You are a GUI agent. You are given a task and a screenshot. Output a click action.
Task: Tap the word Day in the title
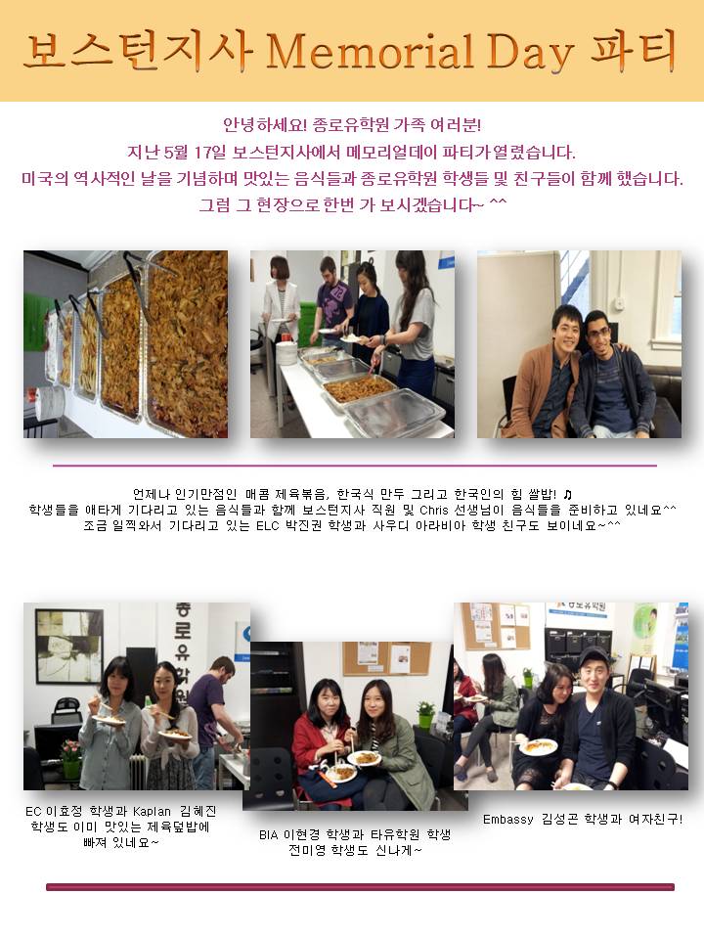click(529, 53)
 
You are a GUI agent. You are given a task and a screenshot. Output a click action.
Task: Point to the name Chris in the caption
click(434, 511)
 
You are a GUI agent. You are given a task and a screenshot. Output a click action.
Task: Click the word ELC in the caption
click(267, 526)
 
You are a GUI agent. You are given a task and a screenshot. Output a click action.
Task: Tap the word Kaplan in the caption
click(153, 812)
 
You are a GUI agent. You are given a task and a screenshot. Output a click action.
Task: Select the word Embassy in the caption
click(507, 820)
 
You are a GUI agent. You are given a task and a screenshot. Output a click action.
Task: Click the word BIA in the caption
click(269, 834)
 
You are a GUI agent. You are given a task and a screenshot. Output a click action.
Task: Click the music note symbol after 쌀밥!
click(568, 495)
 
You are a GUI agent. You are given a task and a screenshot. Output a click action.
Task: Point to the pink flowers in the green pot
click(70, 749)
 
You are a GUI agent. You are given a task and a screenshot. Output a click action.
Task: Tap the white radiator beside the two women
click(134, 772)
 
